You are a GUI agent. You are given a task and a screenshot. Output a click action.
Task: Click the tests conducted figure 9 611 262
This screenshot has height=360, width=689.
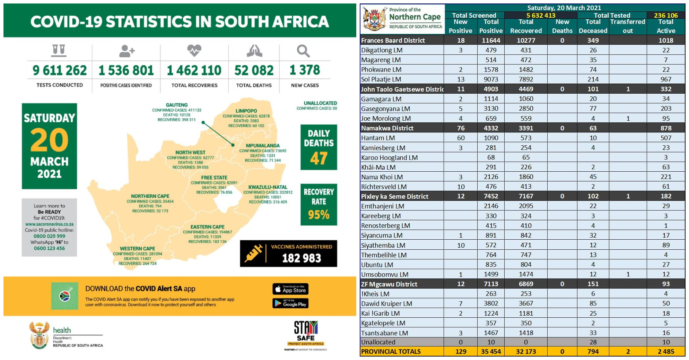(x=60, y=70)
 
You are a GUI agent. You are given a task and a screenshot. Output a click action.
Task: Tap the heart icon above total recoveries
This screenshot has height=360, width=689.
(x=194, y=50)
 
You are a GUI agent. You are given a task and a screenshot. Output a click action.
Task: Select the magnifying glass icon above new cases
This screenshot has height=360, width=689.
(x=303, y=51)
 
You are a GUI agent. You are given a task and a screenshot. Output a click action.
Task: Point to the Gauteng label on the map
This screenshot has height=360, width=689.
(x=177, y=105)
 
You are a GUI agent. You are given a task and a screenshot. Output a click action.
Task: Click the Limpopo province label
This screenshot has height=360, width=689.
(x=246, y=111)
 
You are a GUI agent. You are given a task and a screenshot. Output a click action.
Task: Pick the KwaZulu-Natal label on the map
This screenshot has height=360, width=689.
(x=268, y=187)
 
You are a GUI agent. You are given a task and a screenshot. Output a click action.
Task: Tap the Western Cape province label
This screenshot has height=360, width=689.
(x=138, y=248)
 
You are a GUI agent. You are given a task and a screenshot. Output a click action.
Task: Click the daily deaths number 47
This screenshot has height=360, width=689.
(x=319, y=158)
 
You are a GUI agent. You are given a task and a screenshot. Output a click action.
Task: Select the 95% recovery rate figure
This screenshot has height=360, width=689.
(x=319, y=215)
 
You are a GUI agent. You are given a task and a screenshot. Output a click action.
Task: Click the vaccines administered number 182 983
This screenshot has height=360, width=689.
(x=301, y=258)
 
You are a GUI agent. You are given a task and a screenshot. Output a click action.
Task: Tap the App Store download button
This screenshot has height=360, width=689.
(x=290, y=289)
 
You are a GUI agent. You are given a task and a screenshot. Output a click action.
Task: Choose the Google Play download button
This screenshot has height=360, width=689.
(x=290, y=303)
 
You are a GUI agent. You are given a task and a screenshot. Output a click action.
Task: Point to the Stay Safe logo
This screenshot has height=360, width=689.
(x=305, y=333)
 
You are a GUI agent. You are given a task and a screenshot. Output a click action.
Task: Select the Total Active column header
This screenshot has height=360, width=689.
(x=665, y=26)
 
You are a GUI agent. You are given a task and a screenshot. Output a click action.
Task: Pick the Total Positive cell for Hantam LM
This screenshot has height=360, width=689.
(x=491, y=138)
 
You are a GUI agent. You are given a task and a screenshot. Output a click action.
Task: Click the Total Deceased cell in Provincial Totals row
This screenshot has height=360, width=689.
(x=593, y=351)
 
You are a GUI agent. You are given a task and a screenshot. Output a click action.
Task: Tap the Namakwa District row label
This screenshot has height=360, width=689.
(x=387, y=128)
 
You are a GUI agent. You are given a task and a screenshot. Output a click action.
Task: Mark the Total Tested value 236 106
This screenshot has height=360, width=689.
(x=665, y=15)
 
